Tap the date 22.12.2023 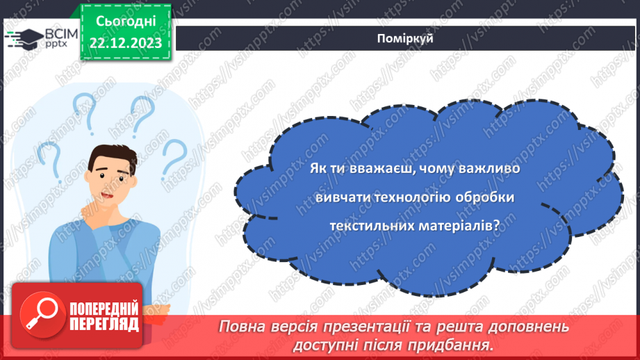pyautogui.click(x=126, y=42)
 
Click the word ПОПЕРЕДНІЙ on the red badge pyautogui.click(x=104, y=308)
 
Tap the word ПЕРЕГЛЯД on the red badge pyautogui.click(x=104, y=324)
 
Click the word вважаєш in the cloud pyautogui.click(x=381, y=169)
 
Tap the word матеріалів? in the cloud pyautogui.click(x=463, y=225)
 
